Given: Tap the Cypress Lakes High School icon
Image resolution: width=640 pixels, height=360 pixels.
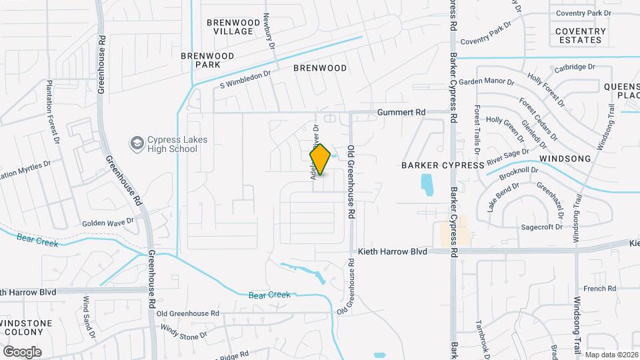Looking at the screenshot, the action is click(x=137, y=143).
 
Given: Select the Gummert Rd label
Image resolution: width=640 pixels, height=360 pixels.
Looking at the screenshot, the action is click(x=401, y=113).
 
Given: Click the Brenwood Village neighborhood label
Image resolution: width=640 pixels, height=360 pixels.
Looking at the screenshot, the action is click(x=229, y=27).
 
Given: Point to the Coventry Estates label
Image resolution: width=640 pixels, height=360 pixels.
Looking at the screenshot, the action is click(x=581, y=35).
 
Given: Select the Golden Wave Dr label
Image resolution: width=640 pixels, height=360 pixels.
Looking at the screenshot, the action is click(x=109, y=221).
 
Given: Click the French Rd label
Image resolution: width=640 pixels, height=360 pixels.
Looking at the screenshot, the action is click(x=599, y=288).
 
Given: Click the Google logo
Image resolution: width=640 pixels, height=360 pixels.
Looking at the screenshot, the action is click(x=22, y=351).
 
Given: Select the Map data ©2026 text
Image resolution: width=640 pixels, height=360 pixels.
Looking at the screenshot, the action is click(x=611, y=354).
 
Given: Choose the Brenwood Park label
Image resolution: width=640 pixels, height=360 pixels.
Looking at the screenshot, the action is click(x=201, y=60).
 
